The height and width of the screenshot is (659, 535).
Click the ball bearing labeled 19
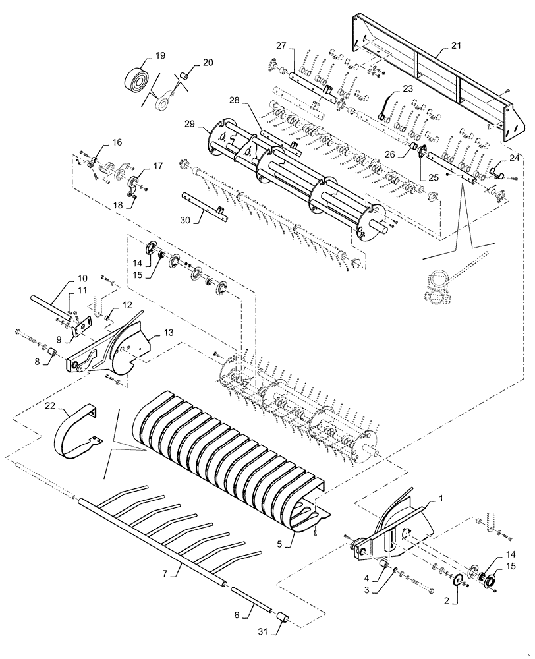coord(137,80)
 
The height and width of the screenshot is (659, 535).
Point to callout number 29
coord(190,125)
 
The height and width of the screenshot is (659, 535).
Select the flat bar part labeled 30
coord(204,202)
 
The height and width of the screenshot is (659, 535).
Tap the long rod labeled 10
coord(49,306)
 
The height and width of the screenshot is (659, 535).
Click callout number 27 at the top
coord(281,45)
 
